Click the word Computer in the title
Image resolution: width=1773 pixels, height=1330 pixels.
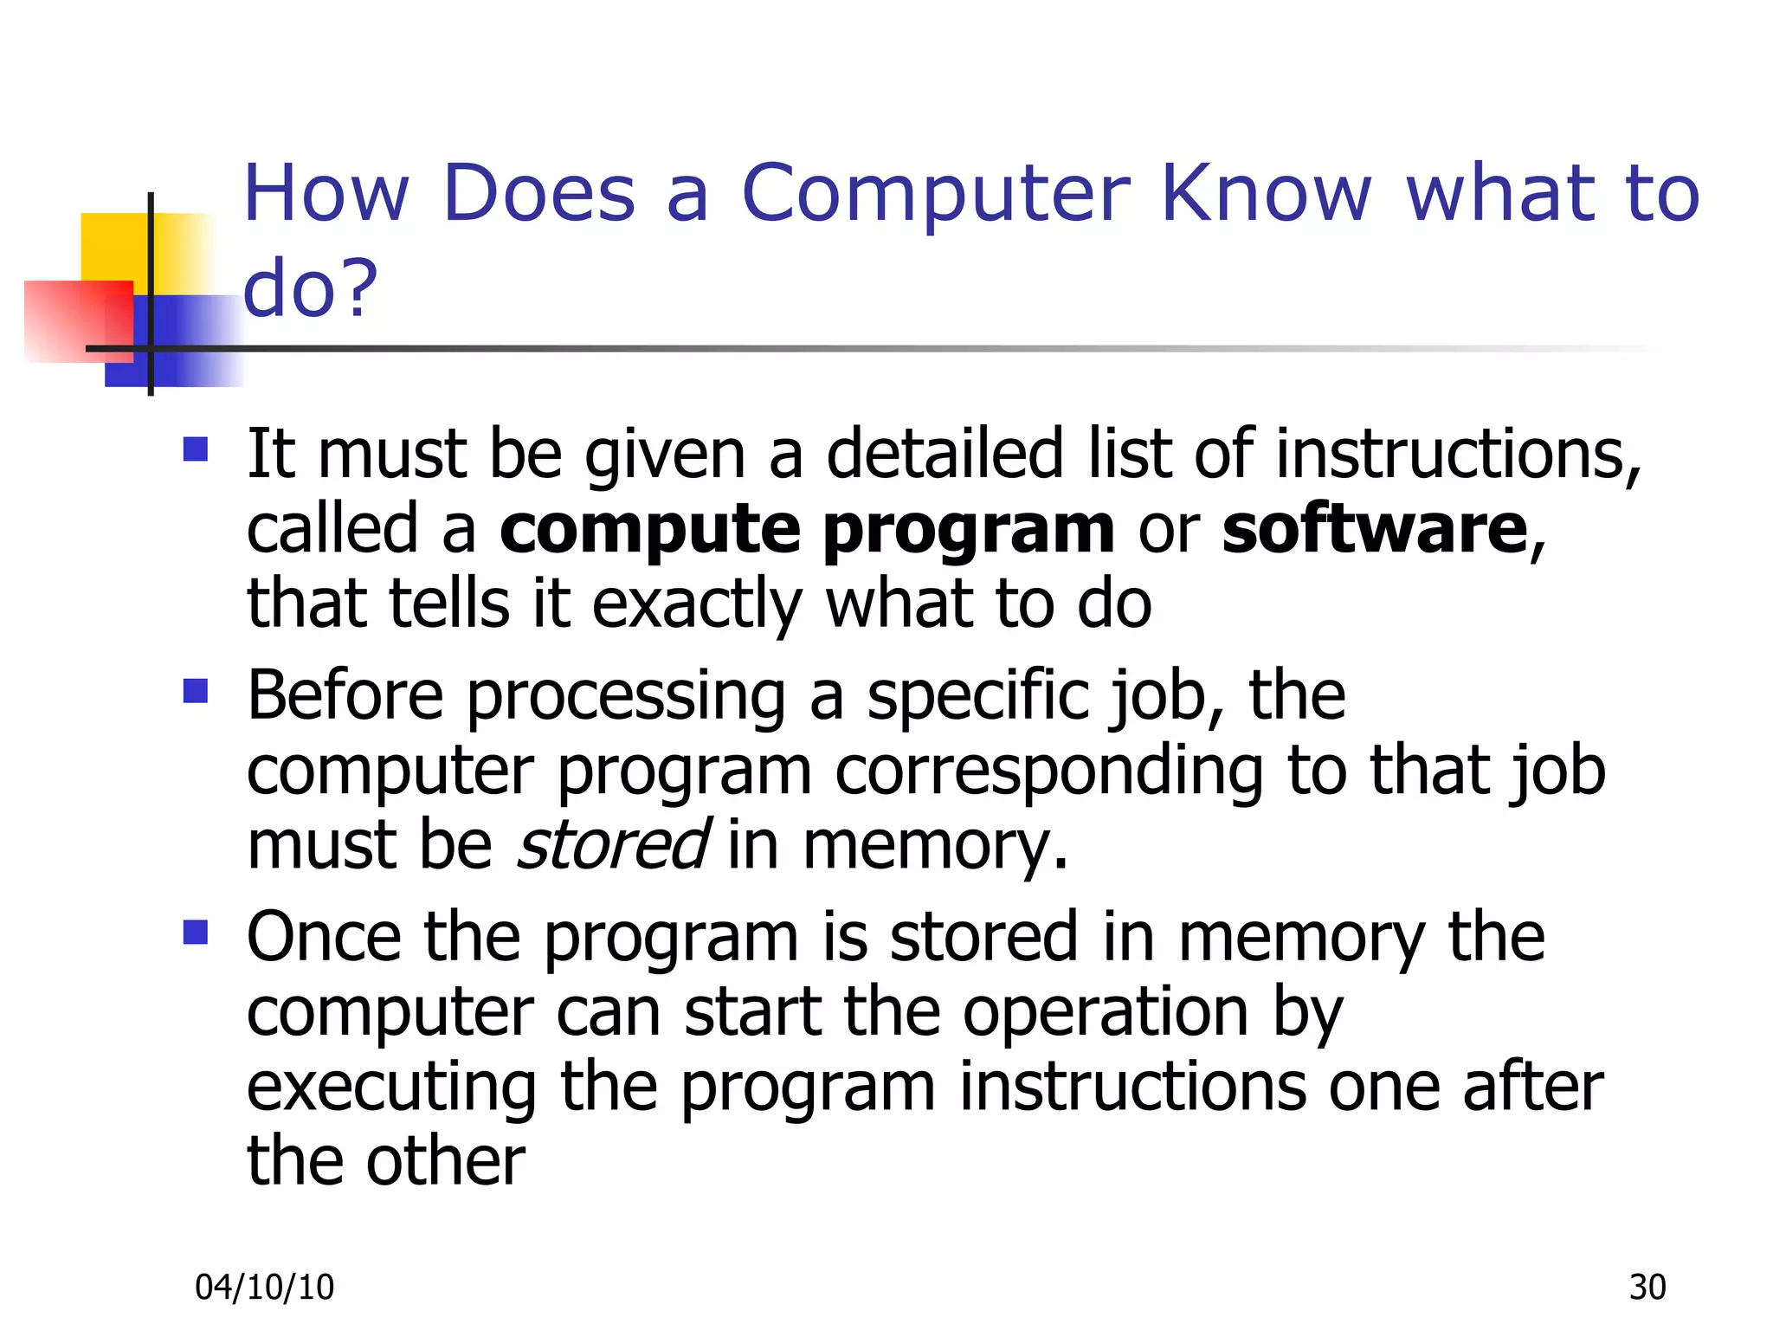click(936, 195)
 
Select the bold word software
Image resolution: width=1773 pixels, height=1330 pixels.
click(1375, 529)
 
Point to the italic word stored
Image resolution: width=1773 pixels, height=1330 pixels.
click(613, 845)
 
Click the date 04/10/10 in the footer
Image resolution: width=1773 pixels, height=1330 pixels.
click(264, 1288)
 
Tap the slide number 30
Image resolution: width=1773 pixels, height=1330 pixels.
click(1647, 1288)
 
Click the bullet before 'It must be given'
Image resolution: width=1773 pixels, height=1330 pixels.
click(196, 449)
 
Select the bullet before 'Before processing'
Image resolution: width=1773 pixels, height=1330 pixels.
click(196, 690)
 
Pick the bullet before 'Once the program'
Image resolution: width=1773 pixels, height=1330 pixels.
click(196, 932)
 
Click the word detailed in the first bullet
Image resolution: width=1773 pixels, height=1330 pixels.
click(945, 454)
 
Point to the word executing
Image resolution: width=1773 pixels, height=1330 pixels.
click(391, 1089)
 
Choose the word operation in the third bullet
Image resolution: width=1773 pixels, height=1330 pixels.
click(1106, 1013)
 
